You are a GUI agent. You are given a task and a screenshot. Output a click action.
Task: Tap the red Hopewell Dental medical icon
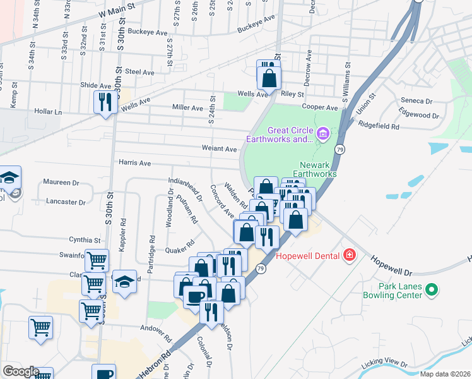point(349,256)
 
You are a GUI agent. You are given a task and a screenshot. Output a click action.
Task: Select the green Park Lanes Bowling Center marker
point(432,291)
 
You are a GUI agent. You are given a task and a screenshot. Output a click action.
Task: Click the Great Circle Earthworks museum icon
point(322,133)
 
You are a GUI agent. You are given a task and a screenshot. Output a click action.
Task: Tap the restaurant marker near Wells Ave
point(103,102)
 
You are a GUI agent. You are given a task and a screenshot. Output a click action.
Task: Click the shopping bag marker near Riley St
point(269,78)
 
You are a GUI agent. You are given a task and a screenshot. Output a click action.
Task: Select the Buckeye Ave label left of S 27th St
point(147,32)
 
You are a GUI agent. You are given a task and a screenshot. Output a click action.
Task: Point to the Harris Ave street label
point(135,163)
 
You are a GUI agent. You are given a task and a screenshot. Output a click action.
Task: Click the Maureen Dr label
point(61,183)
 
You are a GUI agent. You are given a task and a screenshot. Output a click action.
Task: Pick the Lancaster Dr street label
point(66,202)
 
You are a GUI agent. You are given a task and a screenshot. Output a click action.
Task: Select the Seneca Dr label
point(416,101)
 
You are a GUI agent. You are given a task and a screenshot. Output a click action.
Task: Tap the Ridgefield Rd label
point(379,126)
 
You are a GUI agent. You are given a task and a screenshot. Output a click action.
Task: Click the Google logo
point(21,371)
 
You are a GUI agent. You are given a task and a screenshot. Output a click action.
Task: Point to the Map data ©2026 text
point(445,374)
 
